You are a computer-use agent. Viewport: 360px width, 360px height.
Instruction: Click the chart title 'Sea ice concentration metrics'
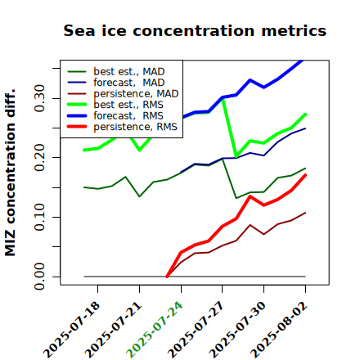coord(195,30)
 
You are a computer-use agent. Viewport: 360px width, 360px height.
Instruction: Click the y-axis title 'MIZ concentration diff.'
coord(10,173)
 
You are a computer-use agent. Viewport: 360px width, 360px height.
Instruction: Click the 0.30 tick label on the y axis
coord(39,98)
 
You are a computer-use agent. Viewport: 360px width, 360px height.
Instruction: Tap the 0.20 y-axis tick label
coord(39,157)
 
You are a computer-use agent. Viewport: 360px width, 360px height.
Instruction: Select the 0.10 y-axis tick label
coord(39,217)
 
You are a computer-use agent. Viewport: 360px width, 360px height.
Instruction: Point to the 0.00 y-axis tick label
coord(39,277)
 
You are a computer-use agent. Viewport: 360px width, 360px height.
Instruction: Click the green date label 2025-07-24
coord(155,330)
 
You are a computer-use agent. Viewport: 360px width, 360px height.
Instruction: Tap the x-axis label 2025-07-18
coord(71,330)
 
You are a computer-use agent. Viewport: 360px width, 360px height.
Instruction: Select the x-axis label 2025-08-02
coord(279,330)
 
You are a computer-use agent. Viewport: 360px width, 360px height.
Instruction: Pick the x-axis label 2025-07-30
coord(237,330)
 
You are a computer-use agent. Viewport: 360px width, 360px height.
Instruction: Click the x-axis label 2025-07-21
coord(113,330)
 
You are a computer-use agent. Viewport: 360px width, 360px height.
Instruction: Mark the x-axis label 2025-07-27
coord(196,330)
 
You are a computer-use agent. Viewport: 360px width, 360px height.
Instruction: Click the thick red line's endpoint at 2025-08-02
coord(305,175)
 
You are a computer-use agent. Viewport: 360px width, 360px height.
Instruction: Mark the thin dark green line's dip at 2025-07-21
coord(139,196)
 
